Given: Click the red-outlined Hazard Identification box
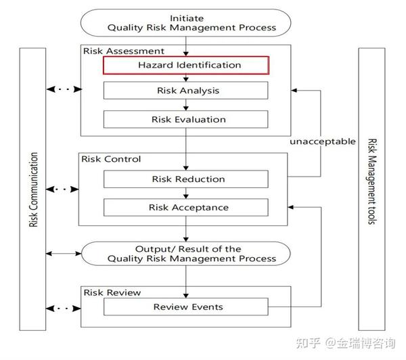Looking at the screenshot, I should pos(185,65).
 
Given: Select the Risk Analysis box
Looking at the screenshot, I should pos(185,91).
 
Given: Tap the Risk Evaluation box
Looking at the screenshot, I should pos(185,119).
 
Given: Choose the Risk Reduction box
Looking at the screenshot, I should pos(185,179).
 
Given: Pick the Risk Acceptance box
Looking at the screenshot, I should pos(185,207).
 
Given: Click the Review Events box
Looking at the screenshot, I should pos(185,307).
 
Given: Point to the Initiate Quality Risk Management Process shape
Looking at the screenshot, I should pos(185,22).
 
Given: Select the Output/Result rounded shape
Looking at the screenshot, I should pos(185,254).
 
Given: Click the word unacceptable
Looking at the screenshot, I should pos(322,141).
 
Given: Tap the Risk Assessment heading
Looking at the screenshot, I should pos(123,51).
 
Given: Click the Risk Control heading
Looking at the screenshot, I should pos(111,159).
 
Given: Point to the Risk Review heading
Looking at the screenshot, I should pos(111,292).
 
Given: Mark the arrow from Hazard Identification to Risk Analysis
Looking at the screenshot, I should pos(185,78).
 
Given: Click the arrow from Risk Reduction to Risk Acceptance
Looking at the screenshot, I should pos(185,193).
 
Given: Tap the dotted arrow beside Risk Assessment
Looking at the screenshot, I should pos(62,89).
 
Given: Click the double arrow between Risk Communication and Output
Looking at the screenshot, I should pos(62,254).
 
